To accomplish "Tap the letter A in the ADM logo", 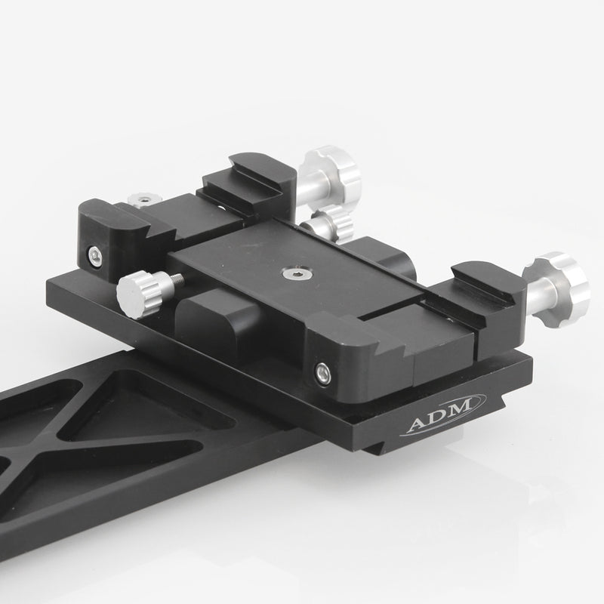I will pyautogui.click(x=417, y=424).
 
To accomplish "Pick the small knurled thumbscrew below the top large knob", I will pyautogui.click(x=331, y=224).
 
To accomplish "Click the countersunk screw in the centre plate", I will pyautogui.click(x=290, y=271).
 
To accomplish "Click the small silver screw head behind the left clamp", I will pyautogui.click(x=140, y=199).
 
